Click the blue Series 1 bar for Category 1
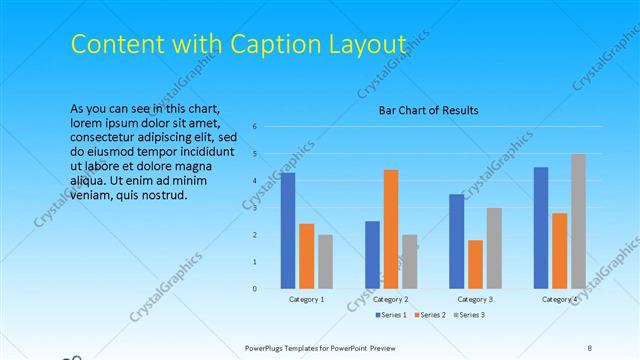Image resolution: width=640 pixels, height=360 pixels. point(288,231)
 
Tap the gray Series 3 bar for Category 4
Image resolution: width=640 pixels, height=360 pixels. point(578,221)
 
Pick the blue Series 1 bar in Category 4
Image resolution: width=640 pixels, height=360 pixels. point(541,228)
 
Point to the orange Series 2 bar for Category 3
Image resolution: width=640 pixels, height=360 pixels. point(475,264)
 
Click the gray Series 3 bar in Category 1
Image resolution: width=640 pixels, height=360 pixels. point(326,262)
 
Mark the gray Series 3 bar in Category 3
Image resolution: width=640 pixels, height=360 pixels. point(494,248)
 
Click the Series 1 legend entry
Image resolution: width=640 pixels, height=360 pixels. point(391,315)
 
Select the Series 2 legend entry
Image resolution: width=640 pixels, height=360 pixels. point(429,315)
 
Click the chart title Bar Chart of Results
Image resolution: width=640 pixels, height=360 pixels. point(428,110)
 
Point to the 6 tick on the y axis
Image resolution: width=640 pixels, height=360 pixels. point(256,127)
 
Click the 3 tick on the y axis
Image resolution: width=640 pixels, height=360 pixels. point(256,208)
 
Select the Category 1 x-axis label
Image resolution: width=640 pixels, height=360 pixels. point(306,299)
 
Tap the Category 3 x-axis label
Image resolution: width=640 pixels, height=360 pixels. point(475,299)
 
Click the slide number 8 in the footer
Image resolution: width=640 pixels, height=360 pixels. point(590,347)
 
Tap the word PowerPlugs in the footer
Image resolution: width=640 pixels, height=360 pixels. point(270,347)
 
